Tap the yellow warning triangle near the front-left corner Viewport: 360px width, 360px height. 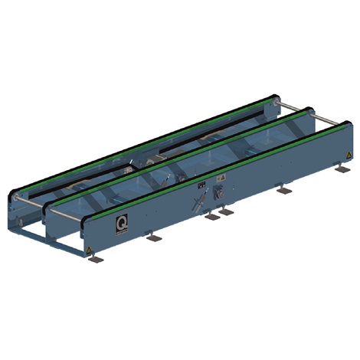[91, 250]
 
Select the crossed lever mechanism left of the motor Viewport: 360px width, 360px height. [199, 203]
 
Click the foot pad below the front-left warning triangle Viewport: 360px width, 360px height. [95, 259]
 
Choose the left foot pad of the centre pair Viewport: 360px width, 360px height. [211, 215]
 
